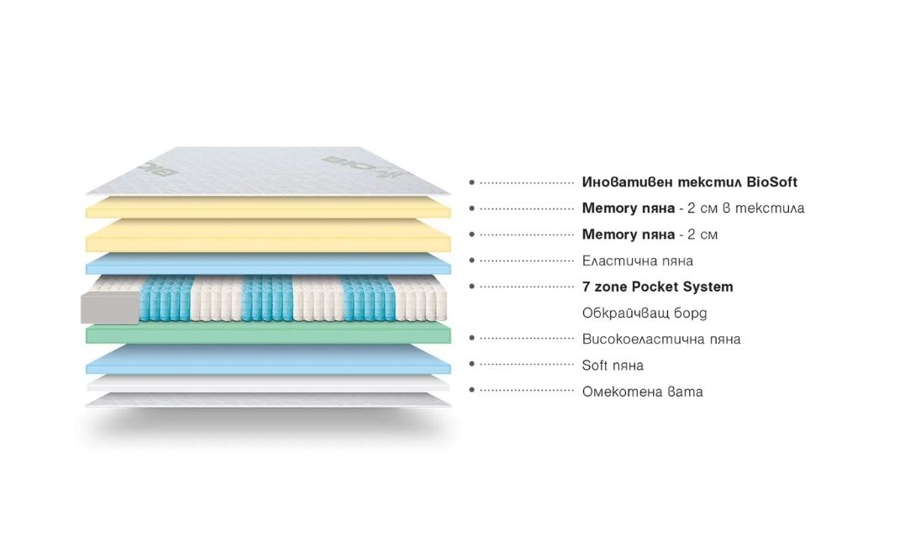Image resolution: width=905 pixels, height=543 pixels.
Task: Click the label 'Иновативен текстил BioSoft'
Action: [x=689, y=182]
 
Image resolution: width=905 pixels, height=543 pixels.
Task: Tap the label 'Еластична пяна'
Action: [x=637, y=261]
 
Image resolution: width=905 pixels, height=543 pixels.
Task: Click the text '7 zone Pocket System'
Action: [x=657, y=287]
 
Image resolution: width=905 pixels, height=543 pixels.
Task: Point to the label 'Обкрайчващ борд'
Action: [x=645, y=313]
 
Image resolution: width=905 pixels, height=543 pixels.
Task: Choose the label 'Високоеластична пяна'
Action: [x=660, y=339]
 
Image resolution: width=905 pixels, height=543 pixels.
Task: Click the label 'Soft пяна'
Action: [x=613, y=365]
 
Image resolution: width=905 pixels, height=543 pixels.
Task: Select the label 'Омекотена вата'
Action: [x=642, y=391]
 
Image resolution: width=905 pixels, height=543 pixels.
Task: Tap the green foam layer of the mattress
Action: [x=269, y=334]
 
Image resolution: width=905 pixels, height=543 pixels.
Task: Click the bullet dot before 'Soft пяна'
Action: [x=472, y=365]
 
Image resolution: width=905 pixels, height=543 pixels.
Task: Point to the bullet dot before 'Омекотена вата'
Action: [x=472, y=391]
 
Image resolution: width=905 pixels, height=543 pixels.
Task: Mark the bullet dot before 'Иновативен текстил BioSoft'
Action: [x=472, y=182]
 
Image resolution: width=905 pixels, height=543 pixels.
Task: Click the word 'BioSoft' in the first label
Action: [x=771, y=182]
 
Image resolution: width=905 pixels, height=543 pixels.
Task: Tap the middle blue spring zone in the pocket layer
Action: [x=268, y=298]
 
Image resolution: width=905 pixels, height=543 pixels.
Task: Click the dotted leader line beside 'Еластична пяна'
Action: [x=526, y=261]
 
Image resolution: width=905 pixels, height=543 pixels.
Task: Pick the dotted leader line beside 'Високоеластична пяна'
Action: [x=526, y=339]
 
